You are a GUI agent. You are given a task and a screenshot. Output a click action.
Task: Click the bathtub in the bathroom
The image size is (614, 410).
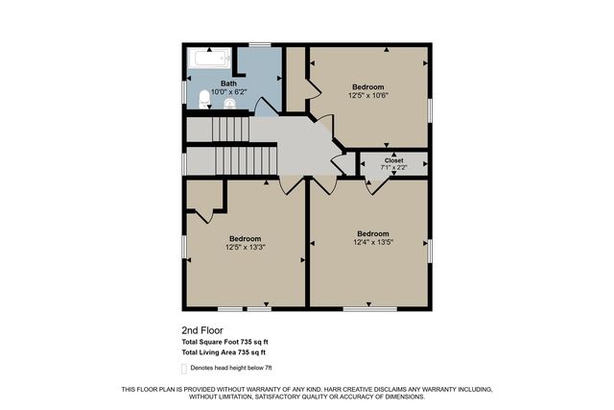[x=209, y=59]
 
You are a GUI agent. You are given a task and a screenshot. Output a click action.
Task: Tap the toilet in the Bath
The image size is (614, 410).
[x=203, y=99]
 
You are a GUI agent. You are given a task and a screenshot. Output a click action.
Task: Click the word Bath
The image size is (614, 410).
[x=228, y=84]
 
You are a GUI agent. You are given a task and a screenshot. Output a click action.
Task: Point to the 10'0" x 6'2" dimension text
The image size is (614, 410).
[x=228, y=92]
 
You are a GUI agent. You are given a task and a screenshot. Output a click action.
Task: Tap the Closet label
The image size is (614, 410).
[x=393, y=160]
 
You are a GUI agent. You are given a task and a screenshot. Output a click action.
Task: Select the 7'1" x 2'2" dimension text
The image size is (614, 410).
[x=393, y=168]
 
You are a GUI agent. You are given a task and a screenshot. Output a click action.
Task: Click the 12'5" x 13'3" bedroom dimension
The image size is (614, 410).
[x=245, y=247]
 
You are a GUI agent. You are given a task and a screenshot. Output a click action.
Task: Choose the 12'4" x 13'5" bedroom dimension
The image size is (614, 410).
[x=373, y=242]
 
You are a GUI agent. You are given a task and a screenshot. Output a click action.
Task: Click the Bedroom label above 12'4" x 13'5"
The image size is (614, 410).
[x=373, y=233]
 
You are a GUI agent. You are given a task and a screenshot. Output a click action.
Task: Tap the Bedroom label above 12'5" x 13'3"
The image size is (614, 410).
[x=245, y=238]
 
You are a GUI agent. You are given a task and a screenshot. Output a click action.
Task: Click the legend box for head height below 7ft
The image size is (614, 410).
[x=184, y=367]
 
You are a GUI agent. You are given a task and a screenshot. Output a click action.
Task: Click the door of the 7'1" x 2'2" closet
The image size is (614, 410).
[x=372, y=183]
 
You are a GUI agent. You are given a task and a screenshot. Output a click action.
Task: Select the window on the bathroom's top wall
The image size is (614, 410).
[x=259, y=44]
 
